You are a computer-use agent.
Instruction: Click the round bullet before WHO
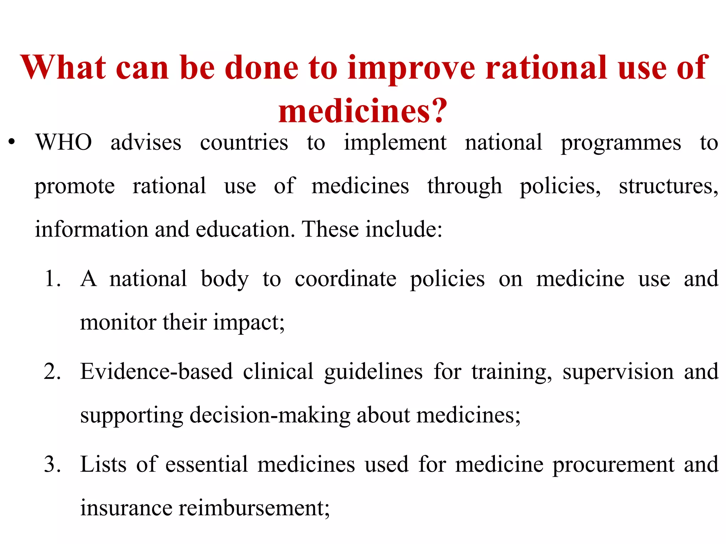tap(12, 142)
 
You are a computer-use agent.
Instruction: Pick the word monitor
tap(118, 322)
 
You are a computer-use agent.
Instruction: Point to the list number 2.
tap(52, 372)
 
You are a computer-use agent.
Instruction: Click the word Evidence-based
tap(156, 372)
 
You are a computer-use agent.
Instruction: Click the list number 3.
tap(52, 465)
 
